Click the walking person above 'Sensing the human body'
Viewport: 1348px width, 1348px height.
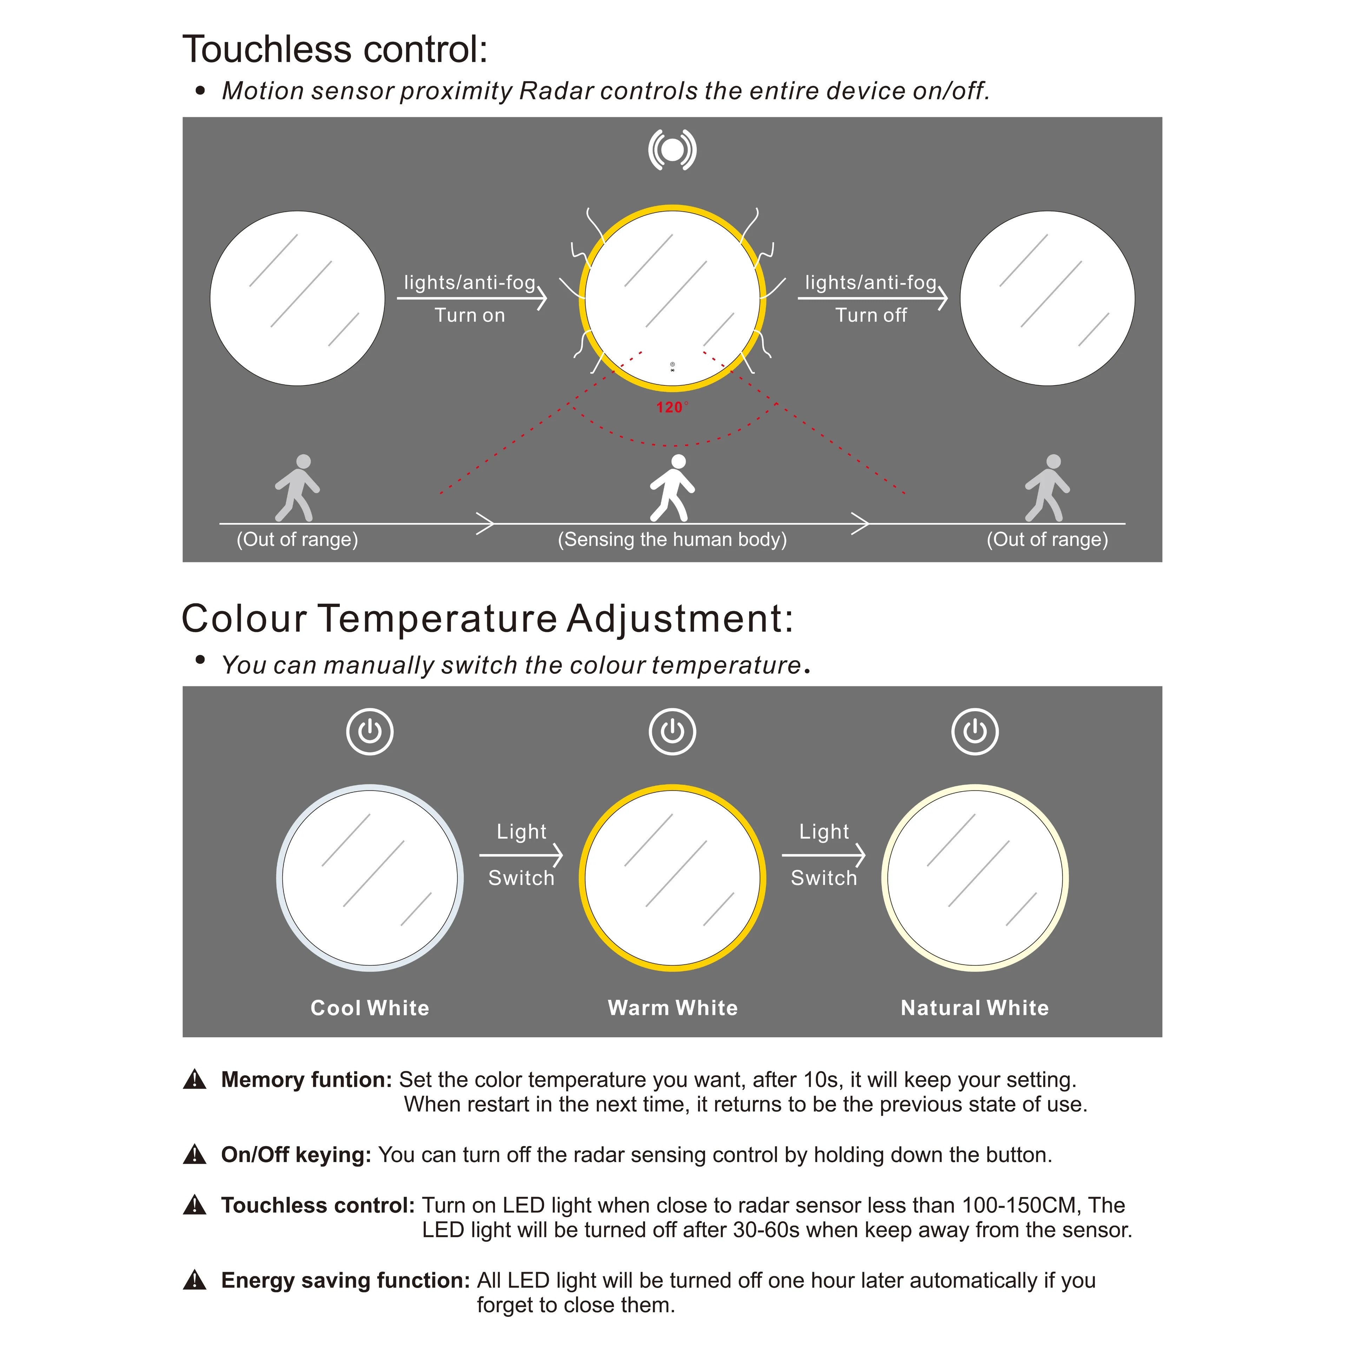click(673, 488)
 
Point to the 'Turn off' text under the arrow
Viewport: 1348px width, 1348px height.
click(871, 315)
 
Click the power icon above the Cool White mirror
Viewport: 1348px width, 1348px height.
click(370, 732)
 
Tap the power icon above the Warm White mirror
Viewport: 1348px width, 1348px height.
click(673, 732)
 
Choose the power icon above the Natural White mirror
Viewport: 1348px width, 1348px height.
click(975, 732)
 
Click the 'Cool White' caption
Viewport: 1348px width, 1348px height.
click(370, 1007)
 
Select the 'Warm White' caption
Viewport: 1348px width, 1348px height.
click(673, 1007)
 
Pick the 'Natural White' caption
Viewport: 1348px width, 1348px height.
click(975, 1007)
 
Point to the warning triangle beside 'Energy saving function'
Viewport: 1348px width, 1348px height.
click(195, 1280)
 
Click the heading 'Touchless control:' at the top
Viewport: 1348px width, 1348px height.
click(335, 49)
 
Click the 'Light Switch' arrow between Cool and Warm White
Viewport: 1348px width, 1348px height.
click(521, 855)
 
